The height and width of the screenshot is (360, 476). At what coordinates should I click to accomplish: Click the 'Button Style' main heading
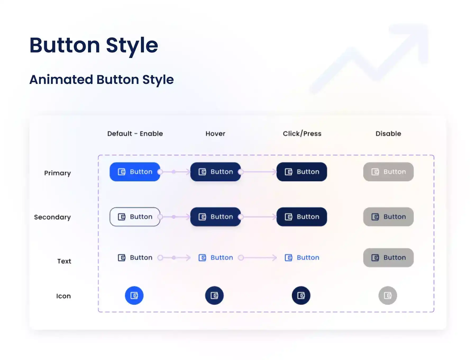[x=94, y=46]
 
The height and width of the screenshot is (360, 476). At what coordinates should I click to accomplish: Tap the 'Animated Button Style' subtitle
[x=102, y=80]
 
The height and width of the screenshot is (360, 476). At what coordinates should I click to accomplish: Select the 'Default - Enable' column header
[x=135, y=134]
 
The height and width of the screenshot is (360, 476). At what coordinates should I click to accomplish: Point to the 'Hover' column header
[x=215, y=134]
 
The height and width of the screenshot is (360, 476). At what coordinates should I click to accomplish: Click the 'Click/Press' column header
[x=302, y=134]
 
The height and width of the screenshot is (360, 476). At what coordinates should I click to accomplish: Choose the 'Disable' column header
[x=388, y=134]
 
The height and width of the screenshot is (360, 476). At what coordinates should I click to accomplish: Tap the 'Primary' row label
[x=57, y=173]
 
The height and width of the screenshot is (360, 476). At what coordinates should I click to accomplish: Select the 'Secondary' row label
[x=52, y=217]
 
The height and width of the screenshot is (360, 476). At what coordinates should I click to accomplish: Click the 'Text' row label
[x=64, y=261]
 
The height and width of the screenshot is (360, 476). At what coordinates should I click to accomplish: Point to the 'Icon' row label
[x=63, y=296]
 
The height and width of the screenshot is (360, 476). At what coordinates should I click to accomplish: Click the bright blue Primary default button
[x=135, y=172]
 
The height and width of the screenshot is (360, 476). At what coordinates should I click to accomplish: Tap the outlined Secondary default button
[x=135, y=217]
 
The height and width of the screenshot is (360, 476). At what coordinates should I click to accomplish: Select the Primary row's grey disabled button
[x=388, y=172]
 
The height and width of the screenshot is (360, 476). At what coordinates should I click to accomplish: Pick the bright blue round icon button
[x=134, y=295]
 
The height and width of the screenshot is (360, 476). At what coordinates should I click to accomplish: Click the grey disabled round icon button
[x=388, y=295]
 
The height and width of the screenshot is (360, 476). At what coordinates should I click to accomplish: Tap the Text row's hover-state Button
[x=216, y=258]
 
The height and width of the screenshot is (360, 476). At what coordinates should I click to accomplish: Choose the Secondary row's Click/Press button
[x=302, y=217]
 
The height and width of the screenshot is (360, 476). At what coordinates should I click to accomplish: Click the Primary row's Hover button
[x=216, y=172]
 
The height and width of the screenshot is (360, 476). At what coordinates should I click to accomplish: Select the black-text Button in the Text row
[x=135, y=258]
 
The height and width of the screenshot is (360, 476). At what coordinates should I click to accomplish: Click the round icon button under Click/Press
[x=301, y=295]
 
